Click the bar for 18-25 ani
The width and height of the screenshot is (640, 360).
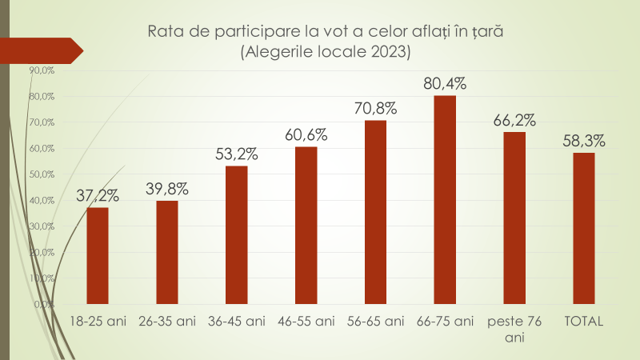[98, 256]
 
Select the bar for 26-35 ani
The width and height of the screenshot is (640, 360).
[167, 252]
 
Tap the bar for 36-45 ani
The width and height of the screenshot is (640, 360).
[237, 235]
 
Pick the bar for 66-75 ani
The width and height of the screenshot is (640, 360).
[445, 200]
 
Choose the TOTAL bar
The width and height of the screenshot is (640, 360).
[584, 229]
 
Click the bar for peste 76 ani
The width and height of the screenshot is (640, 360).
[514, 218]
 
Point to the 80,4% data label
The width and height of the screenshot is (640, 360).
[445, 83]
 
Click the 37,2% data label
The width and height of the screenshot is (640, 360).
[98, 194]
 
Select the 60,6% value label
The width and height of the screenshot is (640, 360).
[306, 134]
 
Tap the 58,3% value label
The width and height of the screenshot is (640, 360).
[584, 140]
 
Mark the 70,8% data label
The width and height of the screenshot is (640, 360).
[375, 108]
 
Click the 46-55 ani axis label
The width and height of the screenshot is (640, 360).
[306, 322]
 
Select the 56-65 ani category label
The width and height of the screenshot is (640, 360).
[376, 322]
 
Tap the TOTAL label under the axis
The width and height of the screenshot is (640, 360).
[584, 322]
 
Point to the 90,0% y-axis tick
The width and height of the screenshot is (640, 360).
[42, 70]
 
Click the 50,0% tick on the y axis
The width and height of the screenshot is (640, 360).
[42, 174]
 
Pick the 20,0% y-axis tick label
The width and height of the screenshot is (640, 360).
[42, 252]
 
